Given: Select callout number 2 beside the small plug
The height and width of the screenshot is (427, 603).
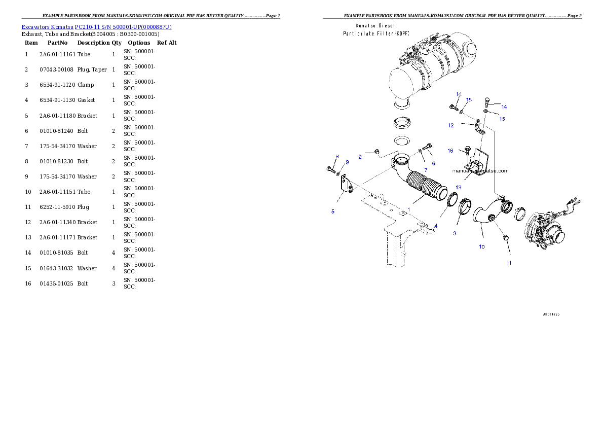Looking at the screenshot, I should click(360, 157).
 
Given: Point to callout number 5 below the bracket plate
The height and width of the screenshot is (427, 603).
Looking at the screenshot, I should click(333, 211).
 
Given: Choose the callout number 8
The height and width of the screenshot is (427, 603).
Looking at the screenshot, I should click(336, 157).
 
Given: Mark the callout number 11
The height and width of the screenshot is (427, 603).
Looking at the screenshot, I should click(509, 263).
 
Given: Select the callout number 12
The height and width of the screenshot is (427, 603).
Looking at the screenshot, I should click(450, 125).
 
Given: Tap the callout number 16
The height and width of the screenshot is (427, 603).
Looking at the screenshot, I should click(450, 151).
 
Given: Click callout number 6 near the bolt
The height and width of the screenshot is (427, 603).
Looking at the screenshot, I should click(433, 163).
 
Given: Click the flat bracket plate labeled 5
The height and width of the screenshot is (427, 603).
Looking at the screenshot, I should click(346, 184).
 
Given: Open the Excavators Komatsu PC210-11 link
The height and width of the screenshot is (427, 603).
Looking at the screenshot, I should click(96, 26).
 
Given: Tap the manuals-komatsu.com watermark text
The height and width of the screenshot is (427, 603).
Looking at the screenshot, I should click(480, 171).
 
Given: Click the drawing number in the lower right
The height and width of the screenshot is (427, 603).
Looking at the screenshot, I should click(551, 314).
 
